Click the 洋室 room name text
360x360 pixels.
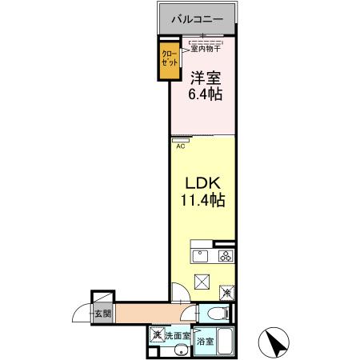pyautogui.click(x=205, y=78)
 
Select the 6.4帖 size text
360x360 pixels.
pyautogui.click(x=206, y=94)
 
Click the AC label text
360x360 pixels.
pyautogui.click(x=180, y=146)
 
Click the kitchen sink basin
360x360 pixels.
pyautogui.click(x=201, y=256)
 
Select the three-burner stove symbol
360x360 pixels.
pyautogui.click(x=226, y=256)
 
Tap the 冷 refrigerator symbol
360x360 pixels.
pyautogui.click(x=229, y=294)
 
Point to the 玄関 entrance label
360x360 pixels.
pyautogui.click(x=102, y=314)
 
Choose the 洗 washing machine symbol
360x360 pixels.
pyautogui.click(x=158, y=335)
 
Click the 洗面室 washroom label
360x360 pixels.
pyautogui.click(x=178, y=336)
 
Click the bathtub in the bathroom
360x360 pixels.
pyautogui.click(x=226, y=342)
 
